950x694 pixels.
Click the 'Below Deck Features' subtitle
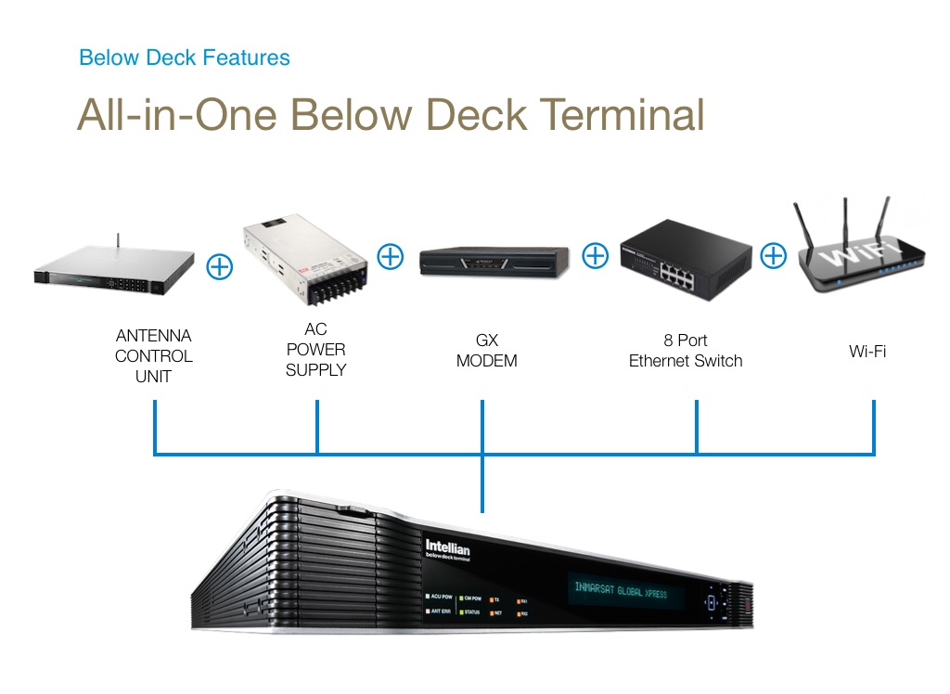pyautogui.click(x=184, y=58)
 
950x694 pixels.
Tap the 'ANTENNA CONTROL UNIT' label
pyautogui.click(x=154, y=355)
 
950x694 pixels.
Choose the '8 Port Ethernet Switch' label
pyautogui.click(x=686, y=351)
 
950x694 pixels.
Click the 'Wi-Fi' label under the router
pyautogui.click(x=867, y=352)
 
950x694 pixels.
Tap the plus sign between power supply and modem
pyautogui.click(x=391, y=255)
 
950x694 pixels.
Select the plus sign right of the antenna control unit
pyautogui.click(x=219, y=266)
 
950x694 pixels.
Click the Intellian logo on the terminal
pyautogui.click(x=447, y=548)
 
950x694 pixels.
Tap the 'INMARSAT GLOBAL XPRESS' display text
pyautogui.click(x=626, y=590)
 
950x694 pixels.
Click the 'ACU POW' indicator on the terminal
pyautogui.click(x=437, y=598)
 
